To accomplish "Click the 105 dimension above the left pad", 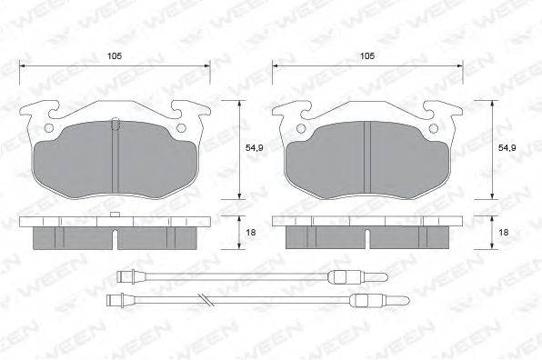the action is click(115, 56).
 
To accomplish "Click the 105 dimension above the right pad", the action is click(367, 56).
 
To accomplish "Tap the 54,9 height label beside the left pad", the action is click(255, 148).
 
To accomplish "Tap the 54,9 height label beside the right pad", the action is click(507, 148).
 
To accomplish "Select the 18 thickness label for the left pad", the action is click(251, 233).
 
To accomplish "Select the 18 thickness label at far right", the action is click(504, 233).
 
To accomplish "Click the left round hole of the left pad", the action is click(49, 128).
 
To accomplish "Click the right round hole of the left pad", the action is click(181, 128).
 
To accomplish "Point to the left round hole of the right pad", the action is click(301, 129).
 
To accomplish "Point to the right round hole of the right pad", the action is click(433, 129).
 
